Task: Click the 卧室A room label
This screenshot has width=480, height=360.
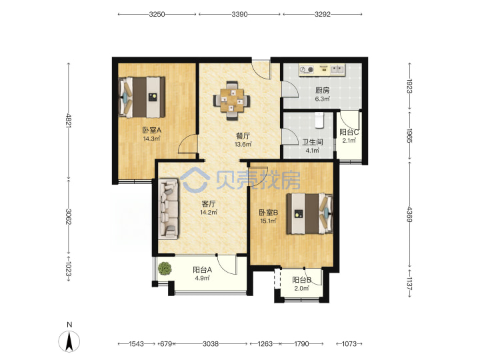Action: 151,130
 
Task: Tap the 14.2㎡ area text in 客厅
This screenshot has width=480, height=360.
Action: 209,212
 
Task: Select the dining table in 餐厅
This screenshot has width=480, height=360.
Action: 232,100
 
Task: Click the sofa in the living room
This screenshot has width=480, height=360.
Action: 169,209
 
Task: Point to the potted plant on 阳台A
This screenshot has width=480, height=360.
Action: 165,269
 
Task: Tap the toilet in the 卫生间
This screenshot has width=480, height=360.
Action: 319,120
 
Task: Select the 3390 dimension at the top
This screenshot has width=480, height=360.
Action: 239,14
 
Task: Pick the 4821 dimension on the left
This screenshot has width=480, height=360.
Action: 69,121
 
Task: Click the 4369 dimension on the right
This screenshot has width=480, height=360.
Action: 409,215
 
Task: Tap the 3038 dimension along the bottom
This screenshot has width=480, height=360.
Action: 211,344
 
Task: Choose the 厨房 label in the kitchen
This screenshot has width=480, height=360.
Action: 323,90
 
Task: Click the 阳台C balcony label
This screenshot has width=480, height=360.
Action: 349,132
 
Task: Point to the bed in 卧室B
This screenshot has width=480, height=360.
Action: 309,213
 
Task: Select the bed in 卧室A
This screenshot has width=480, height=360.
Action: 142,97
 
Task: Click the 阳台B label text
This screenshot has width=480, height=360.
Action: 301,280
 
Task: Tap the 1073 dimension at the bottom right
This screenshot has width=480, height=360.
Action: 349,344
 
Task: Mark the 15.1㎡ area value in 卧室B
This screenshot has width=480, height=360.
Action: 269,221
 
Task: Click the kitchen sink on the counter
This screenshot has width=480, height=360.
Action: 337,69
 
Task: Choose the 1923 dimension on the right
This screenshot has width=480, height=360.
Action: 409,86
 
